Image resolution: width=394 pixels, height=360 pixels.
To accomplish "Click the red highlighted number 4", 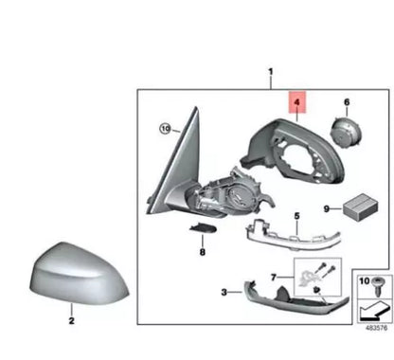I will [x=295, y=99].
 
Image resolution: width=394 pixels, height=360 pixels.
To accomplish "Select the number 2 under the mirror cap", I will [x=70, y=321].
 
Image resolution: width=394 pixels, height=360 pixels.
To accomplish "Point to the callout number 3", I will [x=224, y=293].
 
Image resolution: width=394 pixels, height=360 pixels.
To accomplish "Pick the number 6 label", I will [x=347, y=101].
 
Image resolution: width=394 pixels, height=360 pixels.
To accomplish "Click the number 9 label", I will [x=326, y=209].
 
